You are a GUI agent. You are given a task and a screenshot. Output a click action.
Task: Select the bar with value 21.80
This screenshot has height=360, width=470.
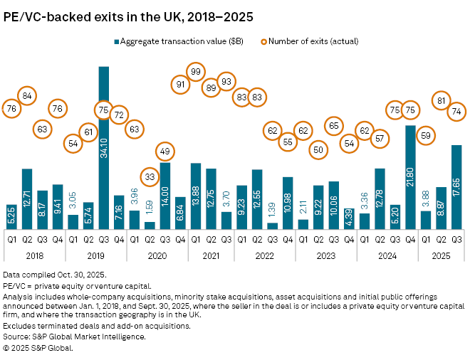(x=410, y=177)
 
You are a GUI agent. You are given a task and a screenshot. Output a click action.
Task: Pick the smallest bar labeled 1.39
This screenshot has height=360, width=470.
(x=273, y=226)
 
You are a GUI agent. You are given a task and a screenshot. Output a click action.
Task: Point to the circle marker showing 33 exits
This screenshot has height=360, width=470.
(x=150, y=177)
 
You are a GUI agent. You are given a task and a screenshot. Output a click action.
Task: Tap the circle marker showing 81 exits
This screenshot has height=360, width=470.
(x=441, y=101)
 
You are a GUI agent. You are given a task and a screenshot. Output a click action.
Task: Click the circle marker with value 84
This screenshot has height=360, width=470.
(x=27, y=96)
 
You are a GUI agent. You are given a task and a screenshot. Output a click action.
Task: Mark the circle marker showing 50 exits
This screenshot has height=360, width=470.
(x=318, y=150)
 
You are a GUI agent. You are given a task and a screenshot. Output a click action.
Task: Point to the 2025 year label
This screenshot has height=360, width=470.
(x=441, y=254)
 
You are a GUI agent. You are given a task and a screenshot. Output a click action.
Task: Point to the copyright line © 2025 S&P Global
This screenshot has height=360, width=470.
(x=38, y=348)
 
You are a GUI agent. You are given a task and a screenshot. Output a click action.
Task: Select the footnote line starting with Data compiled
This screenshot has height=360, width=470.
(x=55, y=274)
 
